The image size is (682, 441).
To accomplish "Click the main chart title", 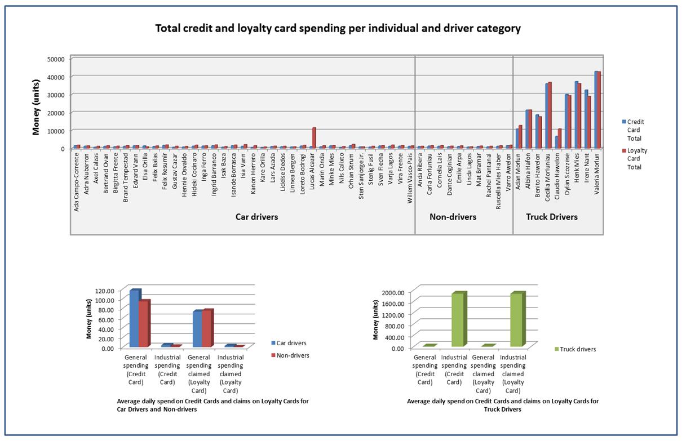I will [338, 28].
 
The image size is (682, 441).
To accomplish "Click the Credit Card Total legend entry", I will [635, 130].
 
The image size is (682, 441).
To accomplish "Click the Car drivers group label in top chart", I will [256, 217].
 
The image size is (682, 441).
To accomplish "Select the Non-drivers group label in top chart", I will [453, 217].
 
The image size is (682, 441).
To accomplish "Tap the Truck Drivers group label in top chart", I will [552, 217].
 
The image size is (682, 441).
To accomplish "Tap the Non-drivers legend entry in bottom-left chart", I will [293, 355].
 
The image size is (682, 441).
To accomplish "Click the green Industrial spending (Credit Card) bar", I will [458, 320].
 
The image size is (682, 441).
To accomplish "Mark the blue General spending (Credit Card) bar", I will [134, 318].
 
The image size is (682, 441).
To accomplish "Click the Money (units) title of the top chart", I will [36, 103].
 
